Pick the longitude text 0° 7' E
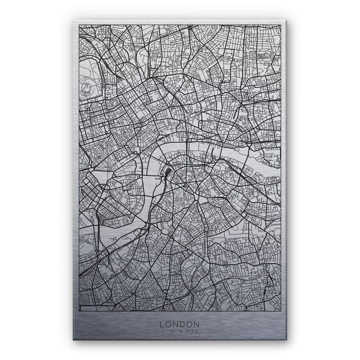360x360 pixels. (x=190, y=332)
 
